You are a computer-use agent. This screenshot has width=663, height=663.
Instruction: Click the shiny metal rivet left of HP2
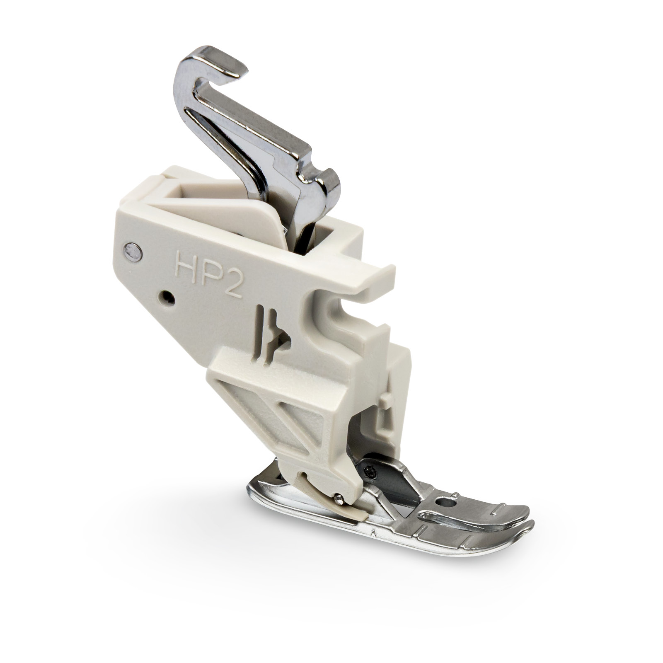[133, 252]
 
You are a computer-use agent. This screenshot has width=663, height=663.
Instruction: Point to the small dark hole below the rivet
[167, 297]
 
